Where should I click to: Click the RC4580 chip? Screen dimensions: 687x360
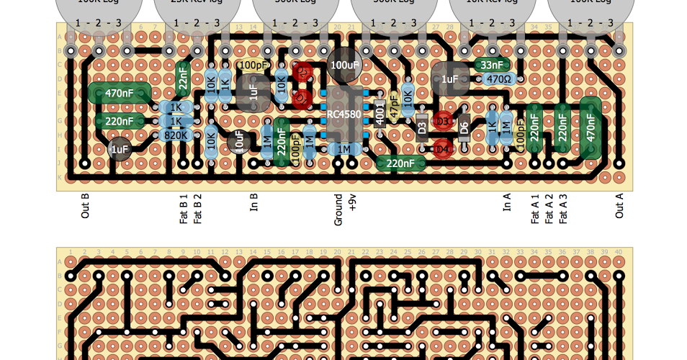point(344,114)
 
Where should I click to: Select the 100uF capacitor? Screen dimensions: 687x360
point(344,65)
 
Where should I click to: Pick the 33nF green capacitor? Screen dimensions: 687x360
point(492,65)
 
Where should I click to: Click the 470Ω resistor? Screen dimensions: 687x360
point(498,79)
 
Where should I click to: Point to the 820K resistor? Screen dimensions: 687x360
point(176,135)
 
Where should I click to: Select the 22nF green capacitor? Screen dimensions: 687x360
point(183,78)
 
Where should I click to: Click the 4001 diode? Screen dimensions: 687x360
point(380,113)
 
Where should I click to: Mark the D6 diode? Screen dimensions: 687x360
point(464,127)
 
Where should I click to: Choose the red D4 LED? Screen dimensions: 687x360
point(442,149)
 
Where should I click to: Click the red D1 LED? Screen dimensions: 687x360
point(302,99)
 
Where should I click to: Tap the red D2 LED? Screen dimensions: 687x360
point(302,72)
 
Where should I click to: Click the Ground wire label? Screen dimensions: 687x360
point(338,210)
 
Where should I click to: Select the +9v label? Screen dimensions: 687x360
point(352,202)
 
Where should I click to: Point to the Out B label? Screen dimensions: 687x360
point(85,206)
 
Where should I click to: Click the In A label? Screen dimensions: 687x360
point(507,202)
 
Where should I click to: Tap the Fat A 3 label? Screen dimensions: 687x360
point(563,209)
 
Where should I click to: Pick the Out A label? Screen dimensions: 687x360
point(619,206)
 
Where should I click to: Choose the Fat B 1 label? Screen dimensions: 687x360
point(184,209)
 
